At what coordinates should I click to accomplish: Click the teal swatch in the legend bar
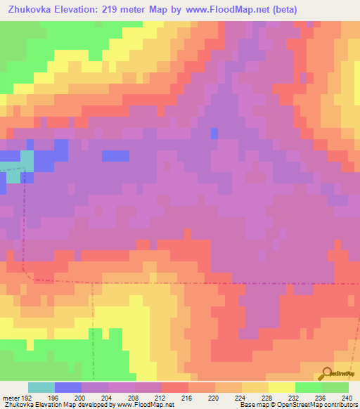41,387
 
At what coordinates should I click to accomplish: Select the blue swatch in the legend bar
68,387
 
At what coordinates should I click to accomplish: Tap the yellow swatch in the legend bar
282,387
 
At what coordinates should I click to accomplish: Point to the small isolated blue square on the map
214,132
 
